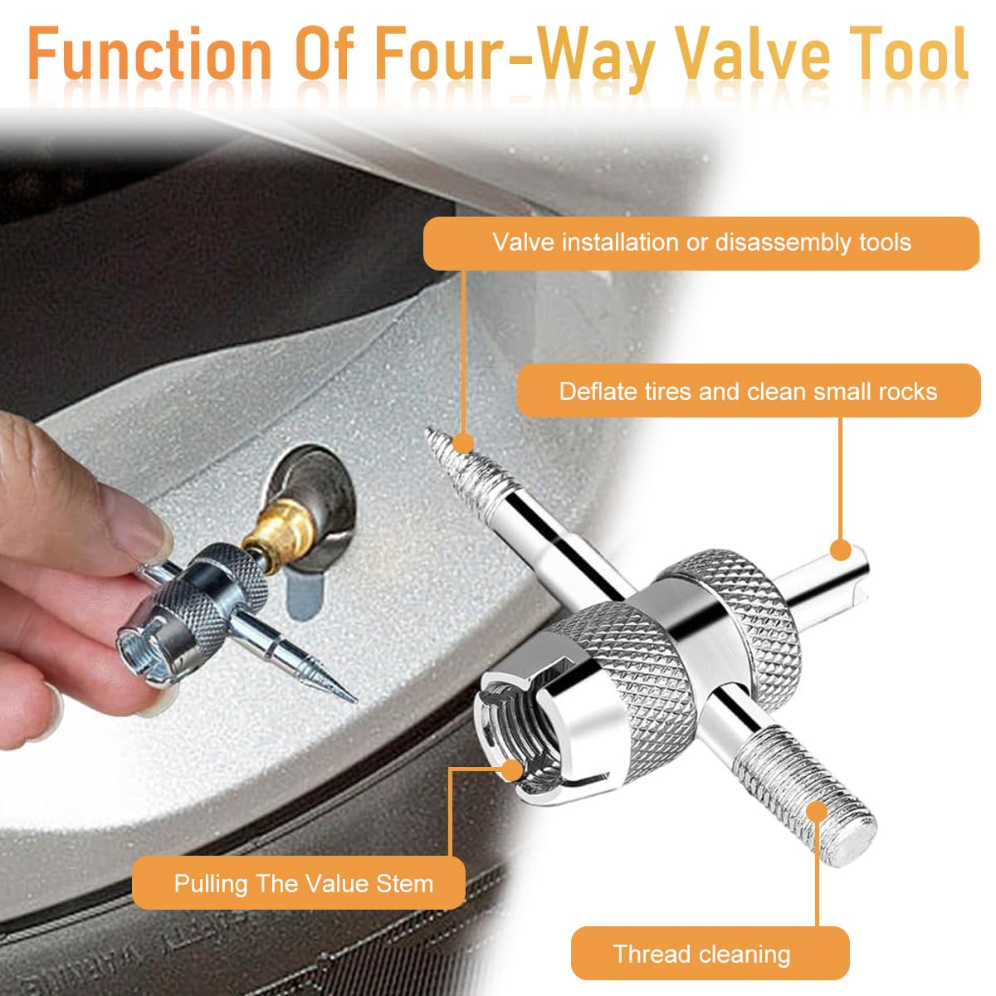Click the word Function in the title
pyautogui.click(x=149, y=53)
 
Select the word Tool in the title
pyautogui.click(x=910, y=53)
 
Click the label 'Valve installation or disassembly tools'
pyautogui.click(x=701, y=243)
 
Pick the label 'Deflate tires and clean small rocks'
pyautogui.click(x=749, y=391)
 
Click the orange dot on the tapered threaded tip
pyautogui.click(x=464, y=443)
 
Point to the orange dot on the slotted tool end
pyautogui.click(x=842, y=549)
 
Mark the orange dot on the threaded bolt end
pyautogui.click(x=817, y=811)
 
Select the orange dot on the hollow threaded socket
pyautogui.click(x=512, y=770)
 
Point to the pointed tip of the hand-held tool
pyautogui.click(x=354, y=701)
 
